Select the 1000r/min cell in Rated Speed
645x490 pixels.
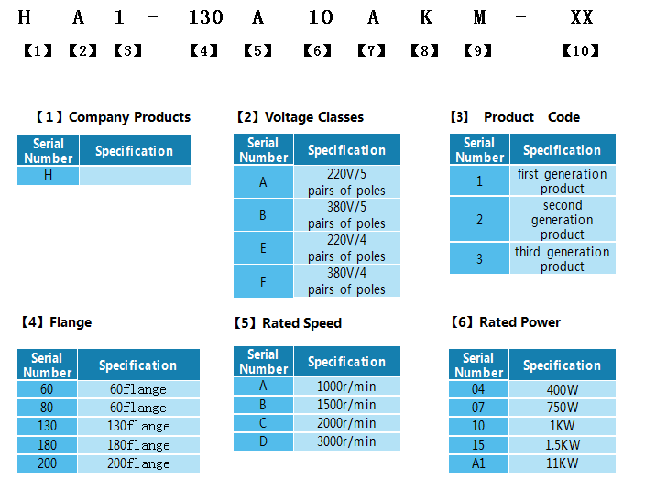click(346, 387)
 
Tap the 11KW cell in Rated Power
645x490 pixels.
click(562, 463)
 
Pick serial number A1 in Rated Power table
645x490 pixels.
click(478, 463)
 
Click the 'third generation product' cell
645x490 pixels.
click(562, 259)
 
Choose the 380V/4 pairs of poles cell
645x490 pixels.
click(346, 281)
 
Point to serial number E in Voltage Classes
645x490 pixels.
click(263, 248)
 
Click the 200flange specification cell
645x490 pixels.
click(138, 463)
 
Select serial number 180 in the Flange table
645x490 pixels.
click(47, 445)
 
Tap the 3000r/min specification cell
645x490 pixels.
click(346, 441)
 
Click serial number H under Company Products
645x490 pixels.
click(48, 175)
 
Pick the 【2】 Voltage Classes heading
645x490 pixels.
click(300, 117)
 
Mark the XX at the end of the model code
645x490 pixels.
click(581, 17)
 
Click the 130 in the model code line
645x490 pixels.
click(205, 17)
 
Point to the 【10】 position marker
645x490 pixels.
click(580, 50)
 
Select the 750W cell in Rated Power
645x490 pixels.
click(562, 408)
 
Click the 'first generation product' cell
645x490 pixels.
click(562, 180)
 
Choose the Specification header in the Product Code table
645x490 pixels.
click(562, 150)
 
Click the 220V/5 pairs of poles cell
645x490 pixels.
click(346, 182)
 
